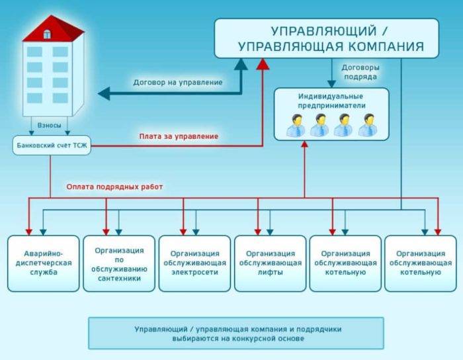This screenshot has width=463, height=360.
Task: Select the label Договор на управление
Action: [x=177, y=83]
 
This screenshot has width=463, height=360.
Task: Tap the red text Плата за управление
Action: [x=179, y=136]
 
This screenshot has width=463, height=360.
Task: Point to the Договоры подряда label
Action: [x=360, y=72]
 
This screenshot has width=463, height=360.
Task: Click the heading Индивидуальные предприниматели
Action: [x=331, y=101]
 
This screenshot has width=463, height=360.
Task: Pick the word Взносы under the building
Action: [x=49, y=125]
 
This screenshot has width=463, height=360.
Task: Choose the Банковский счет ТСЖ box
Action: [x=50, y=145]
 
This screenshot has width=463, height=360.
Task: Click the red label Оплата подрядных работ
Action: [x=114, y=187]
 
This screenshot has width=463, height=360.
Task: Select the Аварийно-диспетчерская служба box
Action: [x=44, y=263]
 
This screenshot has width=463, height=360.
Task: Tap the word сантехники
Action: [x=119, y=279]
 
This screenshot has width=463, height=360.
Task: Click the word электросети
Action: [x=194, y=272]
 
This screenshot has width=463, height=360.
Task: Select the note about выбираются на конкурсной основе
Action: [x=236, y=338]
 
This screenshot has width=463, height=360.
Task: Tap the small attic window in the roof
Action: [x=47, y=33]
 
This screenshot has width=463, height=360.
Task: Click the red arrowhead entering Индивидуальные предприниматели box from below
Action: [x=305, y=144]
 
